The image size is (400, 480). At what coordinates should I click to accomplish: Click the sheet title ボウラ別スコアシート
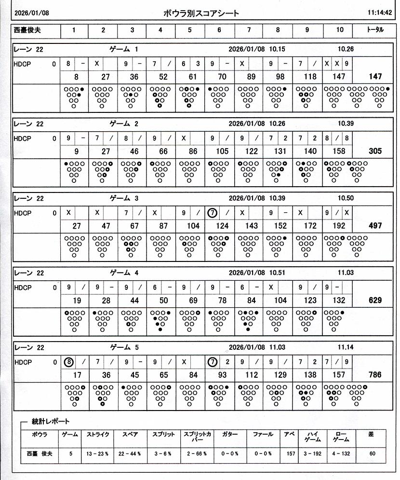tap(201, 14)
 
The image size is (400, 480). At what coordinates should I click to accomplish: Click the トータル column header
tap(375, 30)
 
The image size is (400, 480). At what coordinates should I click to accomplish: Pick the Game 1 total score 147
tap(375, 76)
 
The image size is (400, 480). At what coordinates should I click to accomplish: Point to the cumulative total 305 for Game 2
tap(375, 151)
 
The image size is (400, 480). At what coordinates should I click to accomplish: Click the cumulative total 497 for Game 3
tap(375, 226)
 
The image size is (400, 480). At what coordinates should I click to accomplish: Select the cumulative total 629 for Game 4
tap(375, 300)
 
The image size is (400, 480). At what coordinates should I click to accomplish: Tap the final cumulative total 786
tap(375, 374)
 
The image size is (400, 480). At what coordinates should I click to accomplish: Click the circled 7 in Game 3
tap(212, 213)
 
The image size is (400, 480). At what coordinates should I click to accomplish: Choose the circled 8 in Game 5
tap(69, 362)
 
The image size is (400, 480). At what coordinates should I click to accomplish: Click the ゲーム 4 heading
tap(124, 273)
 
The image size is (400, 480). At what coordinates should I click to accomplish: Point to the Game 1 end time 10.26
tap(346, 49)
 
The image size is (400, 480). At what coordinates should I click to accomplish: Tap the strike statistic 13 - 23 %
tap(97, 453)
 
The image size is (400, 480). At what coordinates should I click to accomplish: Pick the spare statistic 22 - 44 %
tap(130, 453)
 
